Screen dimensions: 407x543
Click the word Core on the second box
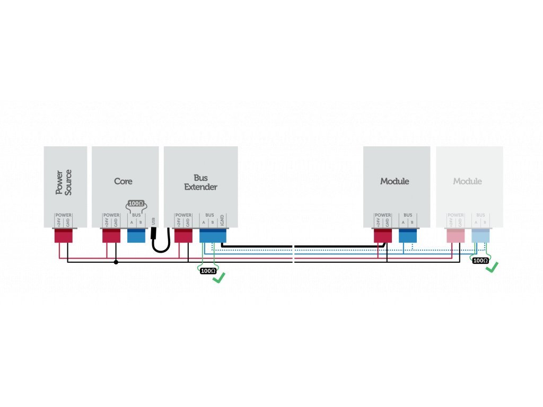click(123, 181)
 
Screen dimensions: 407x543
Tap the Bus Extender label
click(200, 182)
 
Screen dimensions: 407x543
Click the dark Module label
click(395, 181)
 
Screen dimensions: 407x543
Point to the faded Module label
click(467, 181)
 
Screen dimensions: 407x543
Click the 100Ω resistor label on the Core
click(137, 203)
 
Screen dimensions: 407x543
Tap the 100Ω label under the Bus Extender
click(208, 271)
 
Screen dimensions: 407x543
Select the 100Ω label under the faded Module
click(480, 260)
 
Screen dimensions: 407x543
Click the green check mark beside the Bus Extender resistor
click(218, 276)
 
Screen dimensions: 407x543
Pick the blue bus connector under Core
click(136, 236)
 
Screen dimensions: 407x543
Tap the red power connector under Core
click(111, 236)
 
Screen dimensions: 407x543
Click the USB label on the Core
click(153, 220)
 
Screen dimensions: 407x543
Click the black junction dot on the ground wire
click(116, 261)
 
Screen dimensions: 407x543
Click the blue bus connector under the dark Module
click(408, 236)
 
